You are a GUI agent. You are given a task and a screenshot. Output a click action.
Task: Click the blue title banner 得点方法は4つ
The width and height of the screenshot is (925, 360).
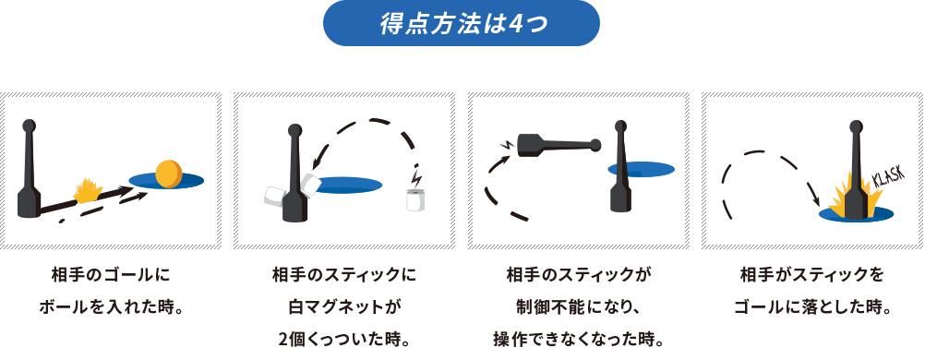(x=462, y=23)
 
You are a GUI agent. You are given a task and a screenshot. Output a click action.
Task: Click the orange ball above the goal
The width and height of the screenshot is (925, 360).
(x=170, y=174)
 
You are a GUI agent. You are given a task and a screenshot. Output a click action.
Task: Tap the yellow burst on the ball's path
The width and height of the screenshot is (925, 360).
(x=88, y=190)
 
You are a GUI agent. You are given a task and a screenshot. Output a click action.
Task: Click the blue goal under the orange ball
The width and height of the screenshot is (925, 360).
(x=166, y=179)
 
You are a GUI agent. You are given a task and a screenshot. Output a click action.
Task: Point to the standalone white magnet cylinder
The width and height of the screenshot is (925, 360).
(x=415, y=200)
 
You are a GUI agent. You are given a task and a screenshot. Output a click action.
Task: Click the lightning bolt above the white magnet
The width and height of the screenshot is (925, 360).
(x=417, y=175)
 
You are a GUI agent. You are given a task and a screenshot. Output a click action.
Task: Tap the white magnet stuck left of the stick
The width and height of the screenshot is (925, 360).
(x=275, y=198)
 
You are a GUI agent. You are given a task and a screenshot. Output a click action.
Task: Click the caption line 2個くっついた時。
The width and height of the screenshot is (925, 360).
(x=344, y=341)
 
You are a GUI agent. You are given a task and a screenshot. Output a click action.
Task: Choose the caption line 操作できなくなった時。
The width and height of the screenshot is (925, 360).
(x=578, y=341)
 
